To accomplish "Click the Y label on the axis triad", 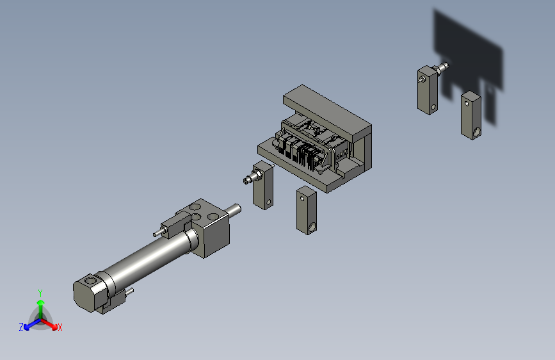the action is click(40, 293).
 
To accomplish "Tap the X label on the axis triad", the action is click(60, 328).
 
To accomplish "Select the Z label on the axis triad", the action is click(21, 327).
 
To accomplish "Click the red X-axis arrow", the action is click(49, 324).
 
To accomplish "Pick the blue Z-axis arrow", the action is click(32, 324).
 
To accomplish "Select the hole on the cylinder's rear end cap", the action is click(91, 281).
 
